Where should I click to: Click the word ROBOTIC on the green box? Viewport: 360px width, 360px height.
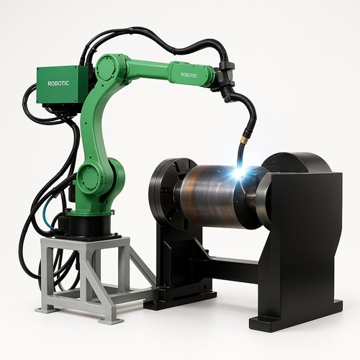[58, 84]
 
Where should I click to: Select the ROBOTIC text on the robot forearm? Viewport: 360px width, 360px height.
[189, 75]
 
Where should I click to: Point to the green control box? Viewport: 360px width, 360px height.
[63, 84]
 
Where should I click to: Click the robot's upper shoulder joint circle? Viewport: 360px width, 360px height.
[107, 67]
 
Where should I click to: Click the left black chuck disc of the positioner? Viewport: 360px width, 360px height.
[166, 193]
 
